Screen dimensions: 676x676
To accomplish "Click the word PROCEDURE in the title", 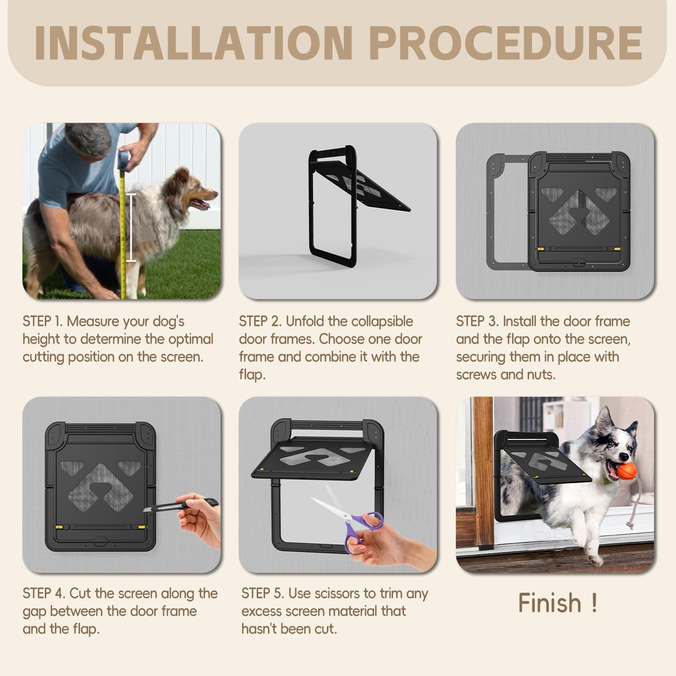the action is click(x=506, y=43).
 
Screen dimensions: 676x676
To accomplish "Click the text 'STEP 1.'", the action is click(x=43, y=322).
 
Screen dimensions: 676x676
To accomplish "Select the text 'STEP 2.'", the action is click(x=260, y=322).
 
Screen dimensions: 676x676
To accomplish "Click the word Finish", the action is click(x=550, y=603).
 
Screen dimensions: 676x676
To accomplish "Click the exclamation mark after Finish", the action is click(x=594, y=603).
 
